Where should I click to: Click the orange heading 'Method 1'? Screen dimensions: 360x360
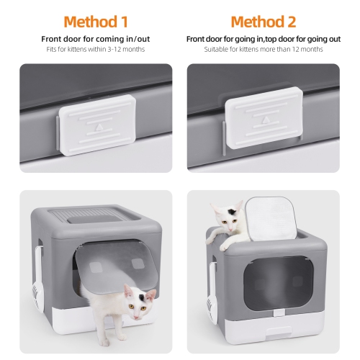96,22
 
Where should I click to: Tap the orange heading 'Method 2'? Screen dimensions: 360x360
262,22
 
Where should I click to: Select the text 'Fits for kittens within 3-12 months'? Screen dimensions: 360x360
96,49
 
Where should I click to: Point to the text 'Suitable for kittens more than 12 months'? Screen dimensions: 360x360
262,49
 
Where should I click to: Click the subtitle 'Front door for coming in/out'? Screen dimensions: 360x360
96,37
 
